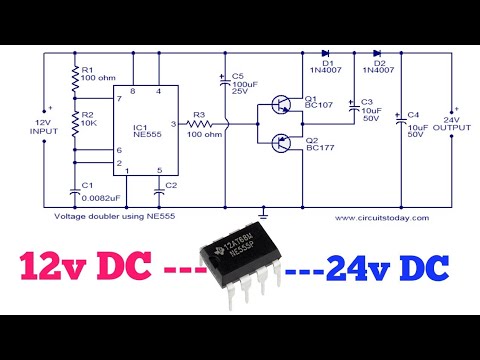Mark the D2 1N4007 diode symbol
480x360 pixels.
point(376,53)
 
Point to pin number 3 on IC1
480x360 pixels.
point(173,124)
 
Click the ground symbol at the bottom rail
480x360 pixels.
point(262,210)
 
